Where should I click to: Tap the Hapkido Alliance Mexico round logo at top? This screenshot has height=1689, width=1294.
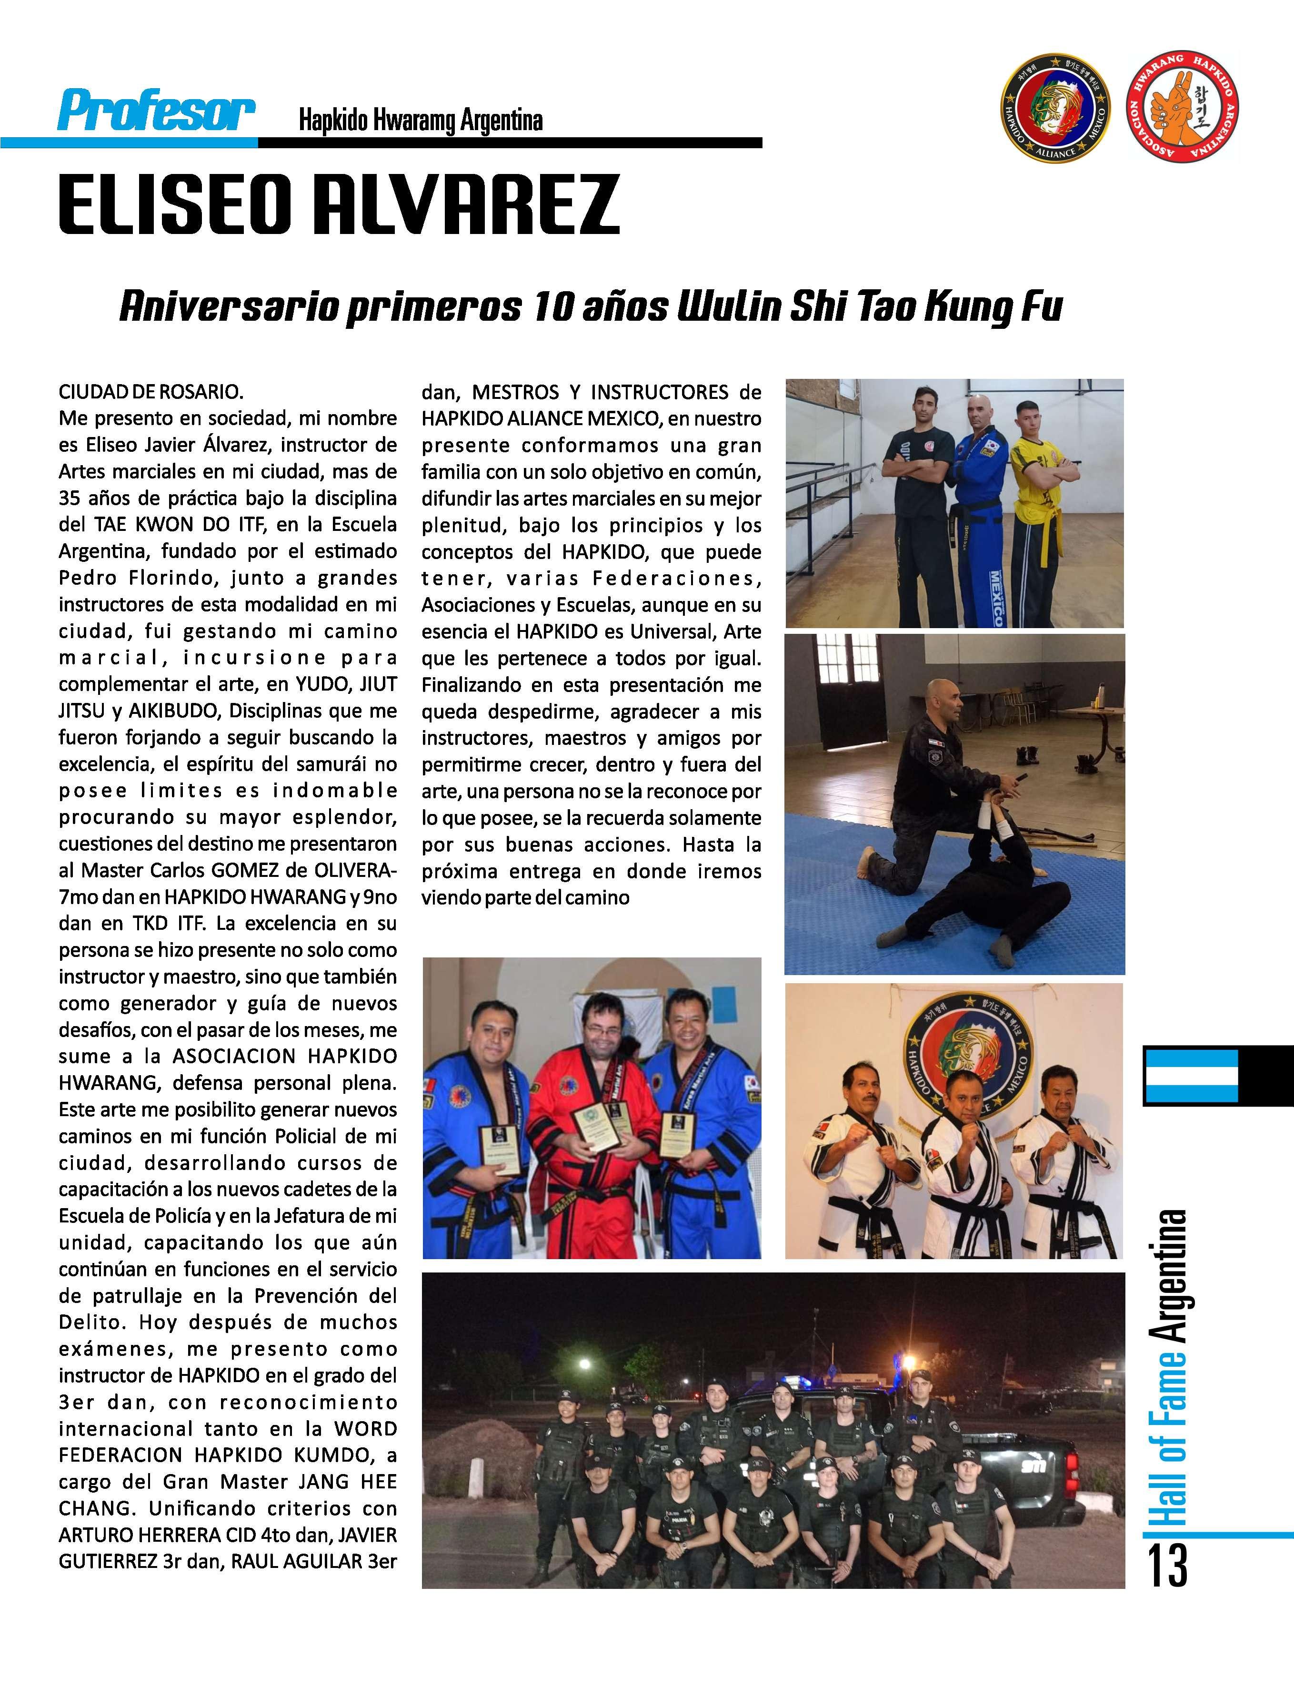click(x=1054, y=113)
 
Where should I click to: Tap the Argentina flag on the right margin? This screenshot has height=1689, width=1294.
click(x=1191, y=1075)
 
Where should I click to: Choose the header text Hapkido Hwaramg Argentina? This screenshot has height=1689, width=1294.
click(x=421, y=121)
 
